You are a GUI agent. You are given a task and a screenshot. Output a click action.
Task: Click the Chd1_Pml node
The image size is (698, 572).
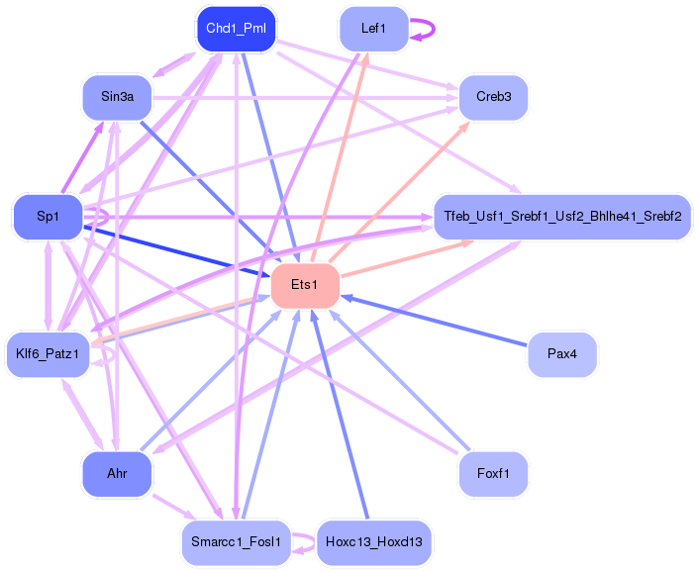236,29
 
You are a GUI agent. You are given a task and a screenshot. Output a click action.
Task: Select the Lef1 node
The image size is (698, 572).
373,29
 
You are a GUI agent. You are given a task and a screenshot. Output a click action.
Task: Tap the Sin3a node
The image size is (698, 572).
116,97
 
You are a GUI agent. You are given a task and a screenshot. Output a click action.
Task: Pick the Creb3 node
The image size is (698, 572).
493,97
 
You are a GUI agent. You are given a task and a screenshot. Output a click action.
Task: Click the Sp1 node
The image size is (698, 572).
47,216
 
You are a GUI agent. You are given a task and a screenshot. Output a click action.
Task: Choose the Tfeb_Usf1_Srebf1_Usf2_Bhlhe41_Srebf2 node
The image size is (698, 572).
561,216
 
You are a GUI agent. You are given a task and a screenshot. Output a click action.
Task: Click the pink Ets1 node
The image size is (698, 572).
305,285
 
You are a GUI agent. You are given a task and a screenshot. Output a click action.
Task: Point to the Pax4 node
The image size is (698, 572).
561,354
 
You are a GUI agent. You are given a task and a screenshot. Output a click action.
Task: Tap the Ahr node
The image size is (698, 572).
116,474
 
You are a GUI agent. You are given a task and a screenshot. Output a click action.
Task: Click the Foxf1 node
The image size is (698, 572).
493,474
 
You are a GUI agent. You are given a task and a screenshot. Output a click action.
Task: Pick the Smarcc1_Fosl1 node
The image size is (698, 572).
236,542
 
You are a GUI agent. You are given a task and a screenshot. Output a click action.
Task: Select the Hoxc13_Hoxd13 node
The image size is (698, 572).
373,542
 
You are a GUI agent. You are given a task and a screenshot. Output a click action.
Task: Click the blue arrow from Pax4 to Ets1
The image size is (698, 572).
436,321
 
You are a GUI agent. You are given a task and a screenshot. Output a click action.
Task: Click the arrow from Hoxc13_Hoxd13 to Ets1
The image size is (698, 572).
341,416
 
